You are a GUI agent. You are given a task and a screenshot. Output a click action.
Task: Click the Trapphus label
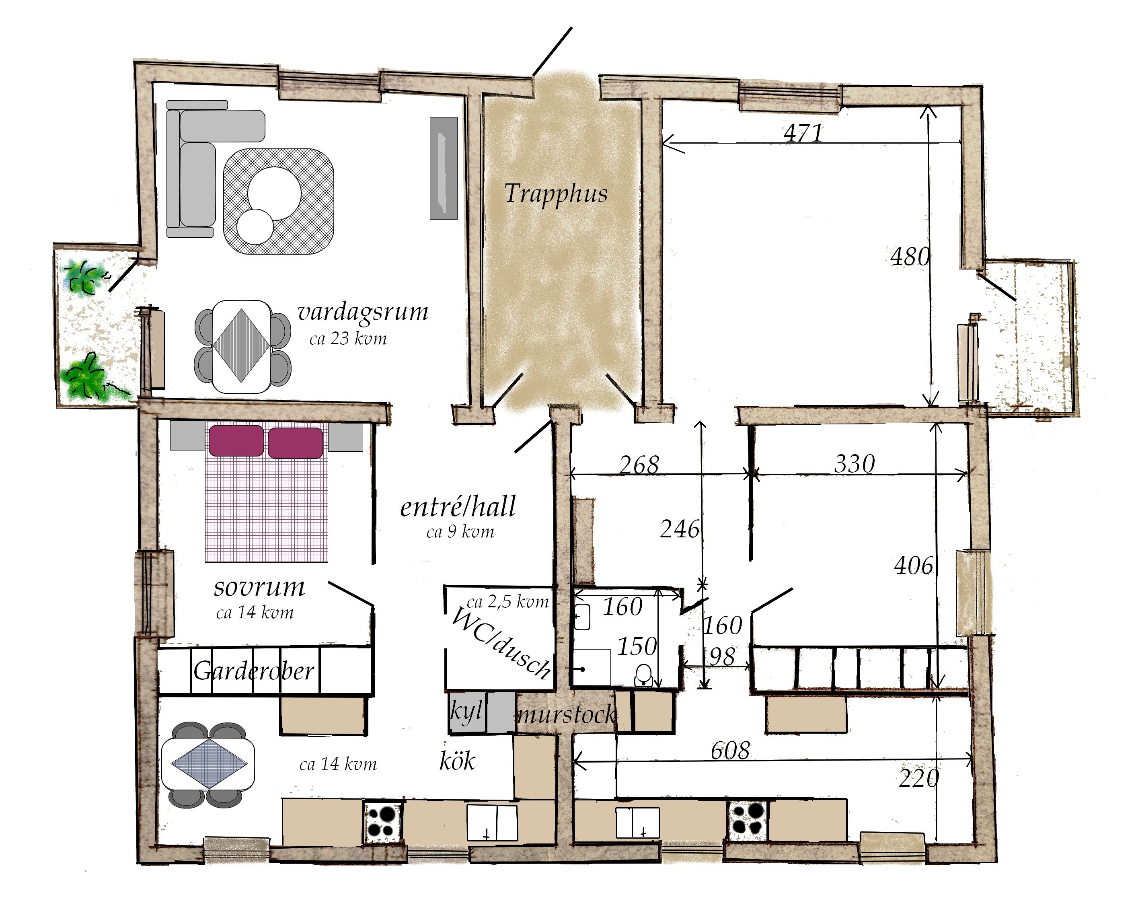tap(556, 193)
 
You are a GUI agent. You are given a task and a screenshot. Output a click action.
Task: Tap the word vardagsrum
tap(363, 312)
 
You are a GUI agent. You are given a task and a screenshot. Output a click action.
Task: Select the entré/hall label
tap(458, 507)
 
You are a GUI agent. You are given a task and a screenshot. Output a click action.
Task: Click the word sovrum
tap(259, 587)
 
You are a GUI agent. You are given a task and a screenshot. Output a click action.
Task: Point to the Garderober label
tap(254, 671)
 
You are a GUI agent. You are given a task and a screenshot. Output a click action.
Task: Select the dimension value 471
tap(803, 133)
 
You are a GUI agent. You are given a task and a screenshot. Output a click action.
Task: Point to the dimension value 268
tap(639, 465)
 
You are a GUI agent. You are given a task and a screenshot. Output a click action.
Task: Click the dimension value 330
tap(855, 463)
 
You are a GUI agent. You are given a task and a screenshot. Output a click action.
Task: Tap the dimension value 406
tap(914, 566)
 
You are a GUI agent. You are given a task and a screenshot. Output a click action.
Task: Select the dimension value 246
tap(680, 529)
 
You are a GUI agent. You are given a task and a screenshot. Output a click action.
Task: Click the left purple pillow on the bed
tap(236, 441)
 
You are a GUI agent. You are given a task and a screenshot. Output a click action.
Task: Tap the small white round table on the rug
tap(255, 226)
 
